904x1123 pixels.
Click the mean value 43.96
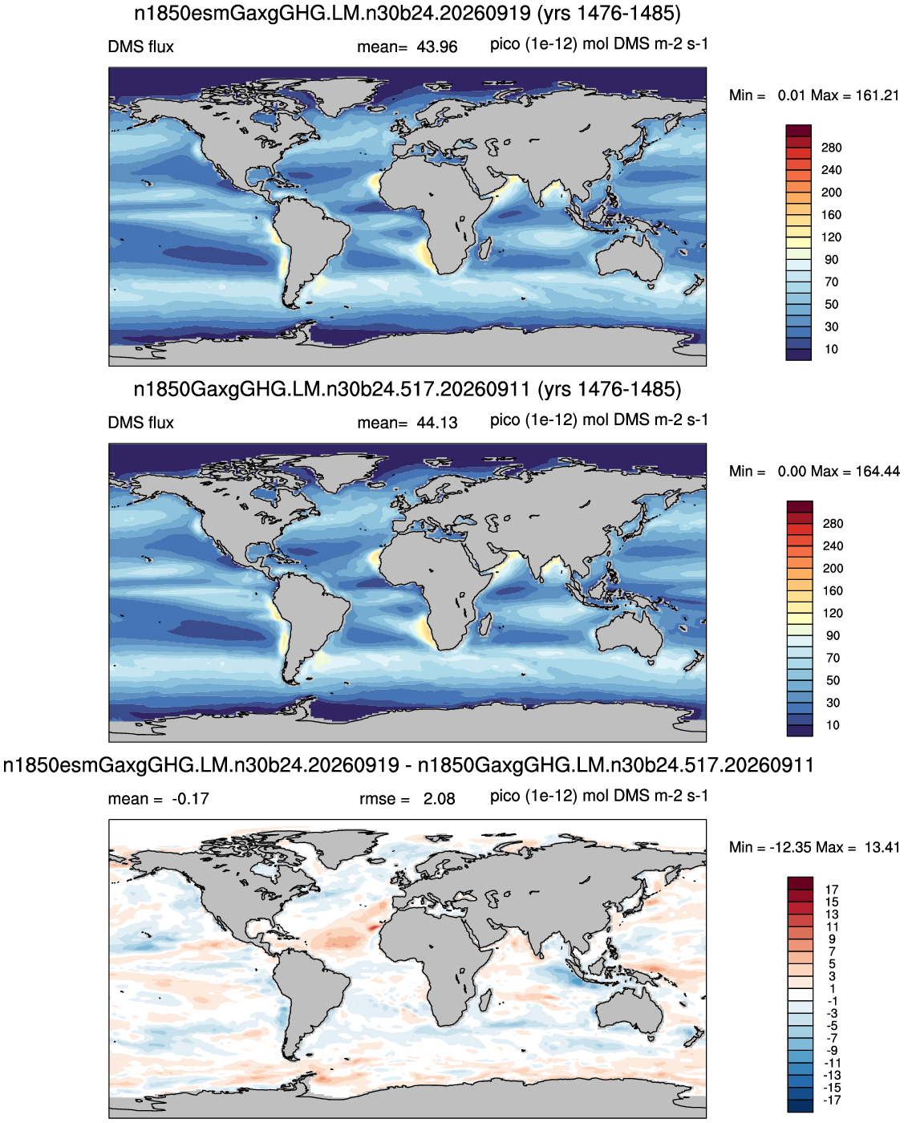pos(437,47)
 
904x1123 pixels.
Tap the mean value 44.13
pos(437,423)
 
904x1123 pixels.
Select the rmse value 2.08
pos(439,798)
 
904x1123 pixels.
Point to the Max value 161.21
pos(877,95)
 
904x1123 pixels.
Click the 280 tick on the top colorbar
pos(831,148)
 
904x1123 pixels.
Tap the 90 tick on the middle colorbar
pos(833,635)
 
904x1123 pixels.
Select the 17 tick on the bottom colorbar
pos(832,890)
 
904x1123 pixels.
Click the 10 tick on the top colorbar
pos(831,349)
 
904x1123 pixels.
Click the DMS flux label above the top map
pos(140,47)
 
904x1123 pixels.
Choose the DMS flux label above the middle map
pos(140,423)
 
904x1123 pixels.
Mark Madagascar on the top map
pos(485,249)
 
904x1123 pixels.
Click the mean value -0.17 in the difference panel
pos(190,798)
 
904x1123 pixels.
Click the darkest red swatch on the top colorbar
pos(799,131)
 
